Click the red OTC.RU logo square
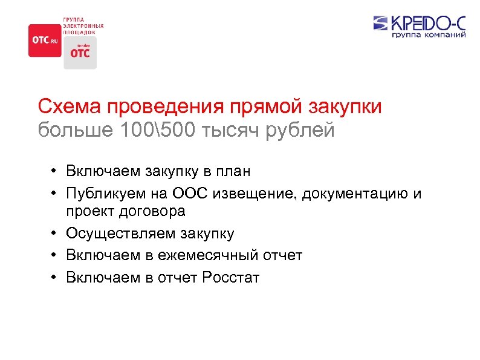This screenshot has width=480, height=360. pos(45,41)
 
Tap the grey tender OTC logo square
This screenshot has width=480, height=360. pos(80,53)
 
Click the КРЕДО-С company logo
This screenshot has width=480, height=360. pos(420,24)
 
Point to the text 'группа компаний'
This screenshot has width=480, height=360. pos(429,36)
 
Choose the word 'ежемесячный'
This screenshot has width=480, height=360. pos(210,255)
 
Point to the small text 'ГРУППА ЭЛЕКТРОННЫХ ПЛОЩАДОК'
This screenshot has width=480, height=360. pos(83,26)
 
